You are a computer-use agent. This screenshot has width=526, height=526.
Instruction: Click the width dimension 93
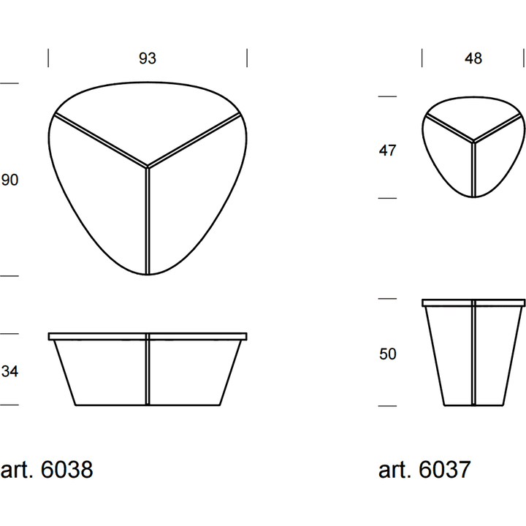click(148, 58)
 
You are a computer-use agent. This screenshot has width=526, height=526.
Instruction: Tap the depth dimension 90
click(9, 180)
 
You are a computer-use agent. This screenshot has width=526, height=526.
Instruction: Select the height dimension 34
click(9, 371)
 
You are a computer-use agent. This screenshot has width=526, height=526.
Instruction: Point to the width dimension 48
click(473, 58)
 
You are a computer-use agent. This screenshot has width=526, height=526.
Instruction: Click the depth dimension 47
click(387, 150)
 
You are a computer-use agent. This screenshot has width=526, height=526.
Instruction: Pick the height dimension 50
click(388, 354)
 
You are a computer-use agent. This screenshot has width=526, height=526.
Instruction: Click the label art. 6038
click(47, 469)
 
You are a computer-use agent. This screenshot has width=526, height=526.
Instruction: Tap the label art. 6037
click(424, 469)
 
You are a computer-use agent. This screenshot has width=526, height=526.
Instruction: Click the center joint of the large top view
click(148, 167)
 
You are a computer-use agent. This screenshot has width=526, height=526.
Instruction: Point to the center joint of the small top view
click(473, 141)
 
